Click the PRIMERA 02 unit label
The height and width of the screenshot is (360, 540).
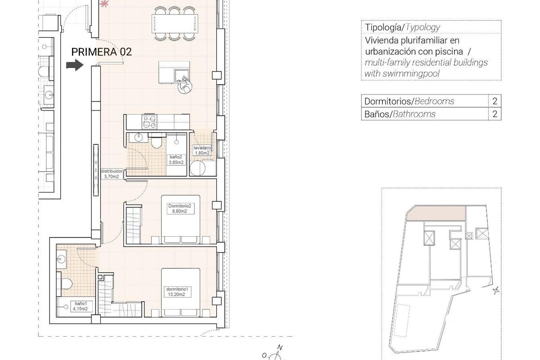click(101, 52)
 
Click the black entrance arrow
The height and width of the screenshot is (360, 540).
click(75, 66)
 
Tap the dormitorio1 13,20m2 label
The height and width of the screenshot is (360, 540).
click(175, 292)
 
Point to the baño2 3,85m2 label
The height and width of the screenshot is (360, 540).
click(176, 160)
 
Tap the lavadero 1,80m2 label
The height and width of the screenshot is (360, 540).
click(202, 150)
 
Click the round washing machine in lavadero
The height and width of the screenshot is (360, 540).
click(197, 169)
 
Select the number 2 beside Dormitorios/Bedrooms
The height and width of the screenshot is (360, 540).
click(495, 101)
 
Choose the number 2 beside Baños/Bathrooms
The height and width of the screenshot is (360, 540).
click(495, 114)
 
